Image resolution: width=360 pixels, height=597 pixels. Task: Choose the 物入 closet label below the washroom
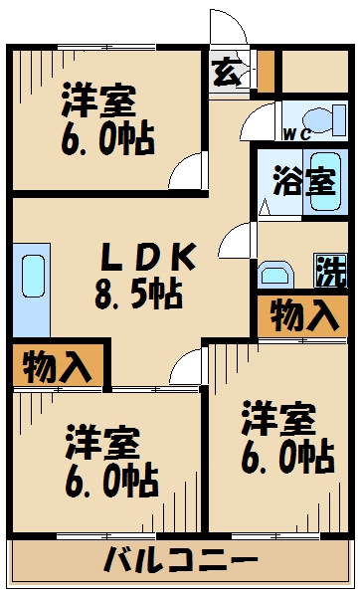(x=303, y=316)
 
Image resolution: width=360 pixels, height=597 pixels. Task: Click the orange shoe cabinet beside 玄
(x=265, y=69)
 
